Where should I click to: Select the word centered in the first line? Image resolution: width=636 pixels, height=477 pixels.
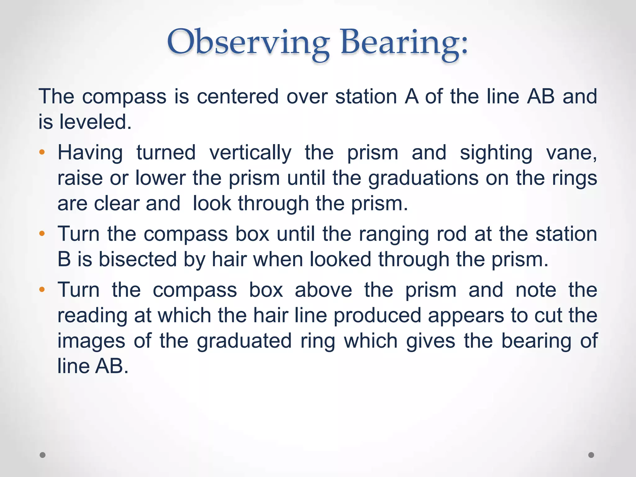click(238, 96)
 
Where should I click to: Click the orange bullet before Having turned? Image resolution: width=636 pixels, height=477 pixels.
click(42, 152)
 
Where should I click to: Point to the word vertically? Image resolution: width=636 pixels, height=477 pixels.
click(250, 153)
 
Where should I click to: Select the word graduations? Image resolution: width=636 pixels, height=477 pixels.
click(423, 178)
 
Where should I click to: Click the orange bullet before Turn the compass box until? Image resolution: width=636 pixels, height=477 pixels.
click(42, 234)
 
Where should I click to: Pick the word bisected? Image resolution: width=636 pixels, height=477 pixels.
click(138, 259)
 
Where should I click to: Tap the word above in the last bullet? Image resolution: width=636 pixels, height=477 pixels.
click(323, 290)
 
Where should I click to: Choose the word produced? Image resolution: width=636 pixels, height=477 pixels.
click(377, 315)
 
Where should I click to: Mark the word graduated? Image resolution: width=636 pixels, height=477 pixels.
click(244, 341)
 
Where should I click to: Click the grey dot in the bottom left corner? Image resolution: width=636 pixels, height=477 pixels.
click(43, 455)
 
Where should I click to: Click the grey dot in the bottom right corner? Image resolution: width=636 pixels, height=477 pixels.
click(591, 455)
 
